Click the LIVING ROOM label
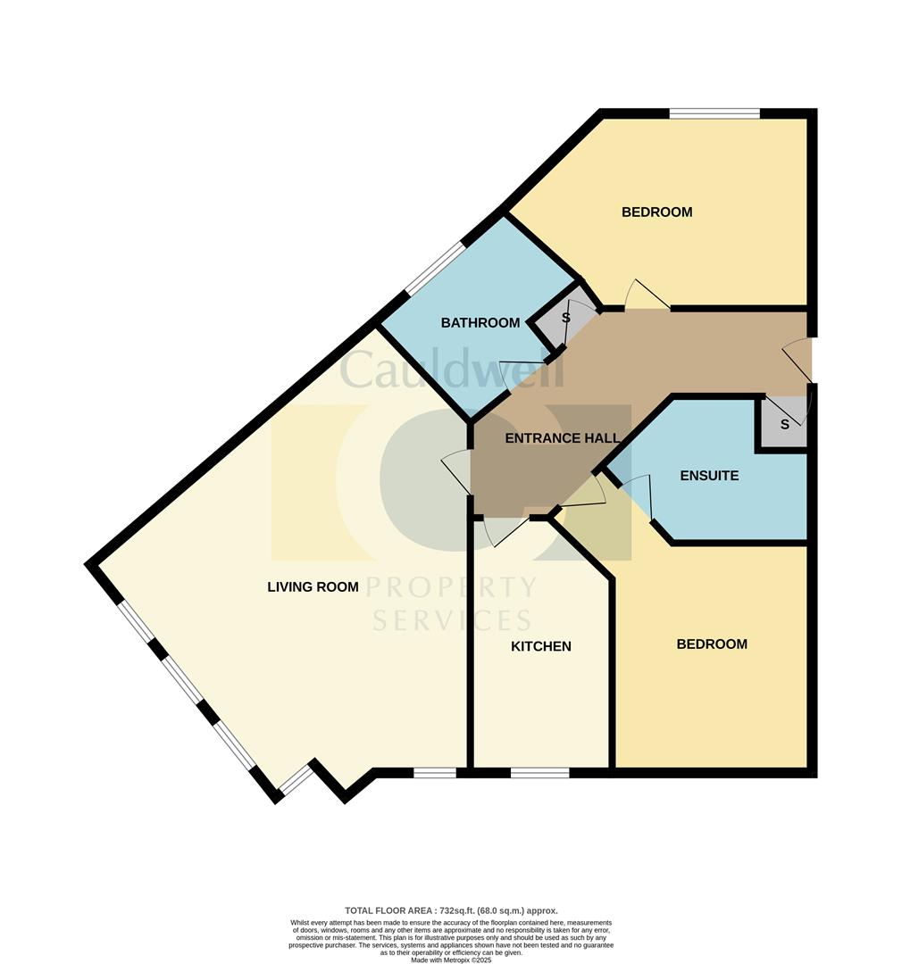(313, 586)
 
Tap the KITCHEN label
(540, 646)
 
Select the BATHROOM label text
(480, 322)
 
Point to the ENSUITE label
(709, 476)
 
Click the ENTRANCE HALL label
(562, 438)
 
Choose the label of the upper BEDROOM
(656, 212)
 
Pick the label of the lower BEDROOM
(711, 644)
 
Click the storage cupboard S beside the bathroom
(565, 318)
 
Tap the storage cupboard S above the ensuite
(784, 424)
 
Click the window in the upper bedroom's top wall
(714, 113)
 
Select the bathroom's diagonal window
(435, 268)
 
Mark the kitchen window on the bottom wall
(539, 773)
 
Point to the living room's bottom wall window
(435, 773)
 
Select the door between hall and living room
(457, 470)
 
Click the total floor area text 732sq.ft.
(450, 910)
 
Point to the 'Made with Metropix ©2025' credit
(450, 960)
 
